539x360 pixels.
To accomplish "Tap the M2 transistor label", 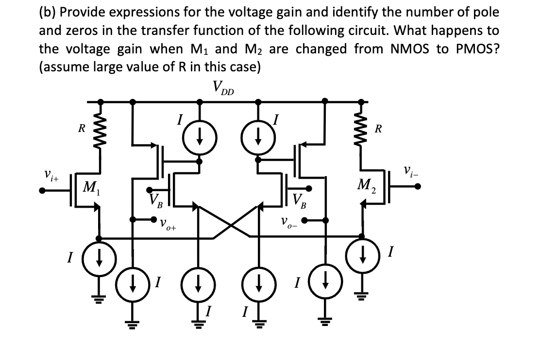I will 368,185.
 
